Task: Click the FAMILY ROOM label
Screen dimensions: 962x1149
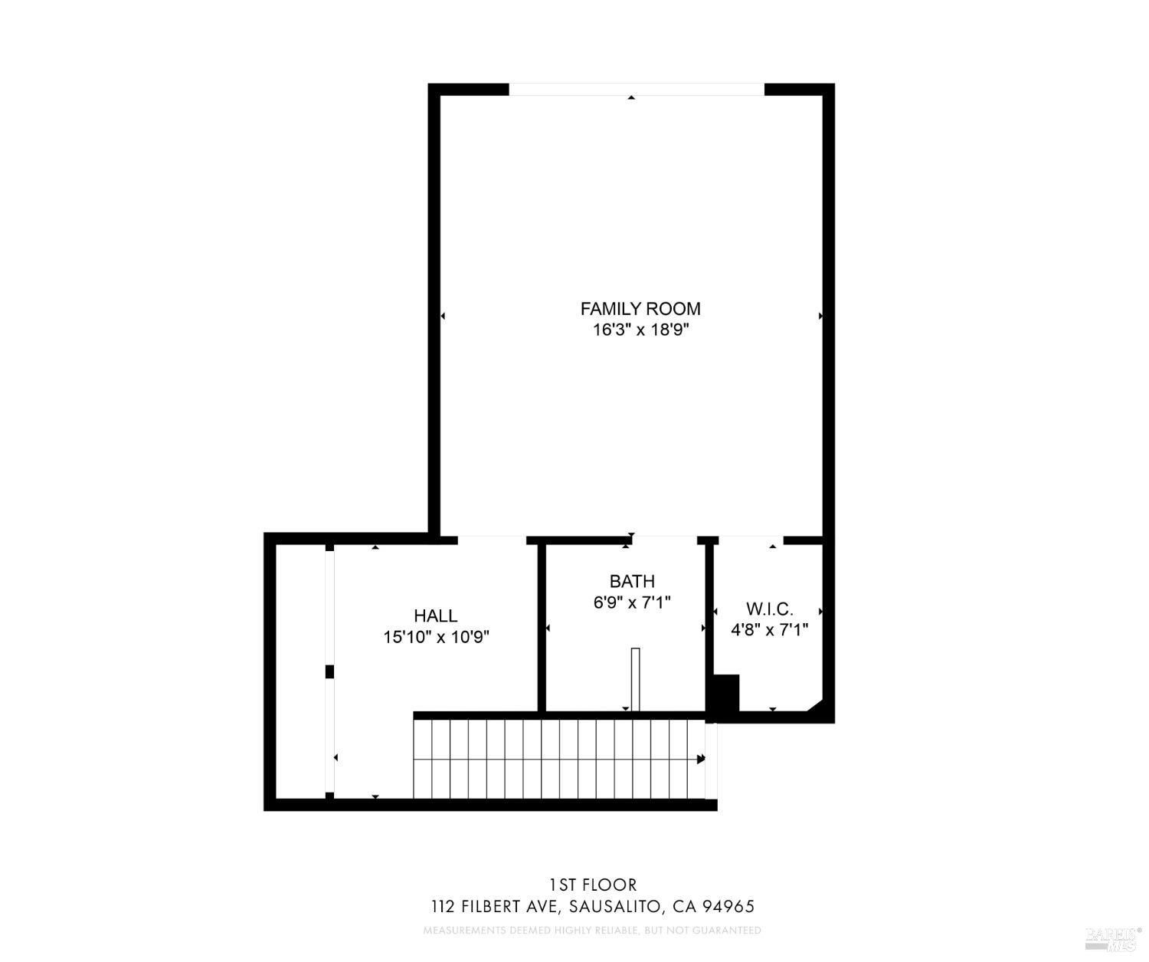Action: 640,309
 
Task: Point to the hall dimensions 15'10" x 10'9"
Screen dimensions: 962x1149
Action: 436,636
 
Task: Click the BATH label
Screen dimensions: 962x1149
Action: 632,581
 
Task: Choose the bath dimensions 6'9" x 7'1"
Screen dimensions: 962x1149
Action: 632,602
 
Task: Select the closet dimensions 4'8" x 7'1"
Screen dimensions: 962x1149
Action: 770,629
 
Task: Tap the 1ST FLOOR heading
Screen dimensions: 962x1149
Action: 592,885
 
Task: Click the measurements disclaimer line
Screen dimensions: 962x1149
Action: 592,931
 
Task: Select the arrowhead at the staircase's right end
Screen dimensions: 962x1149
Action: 701,759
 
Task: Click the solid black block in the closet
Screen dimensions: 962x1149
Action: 724,694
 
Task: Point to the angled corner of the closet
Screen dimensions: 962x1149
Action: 816,706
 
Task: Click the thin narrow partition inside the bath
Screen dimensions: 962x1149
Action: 634,679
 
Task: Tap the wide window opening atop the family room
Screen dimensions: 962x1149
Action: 637,89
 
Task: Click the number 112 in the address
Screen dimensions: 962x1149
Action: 444,907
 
